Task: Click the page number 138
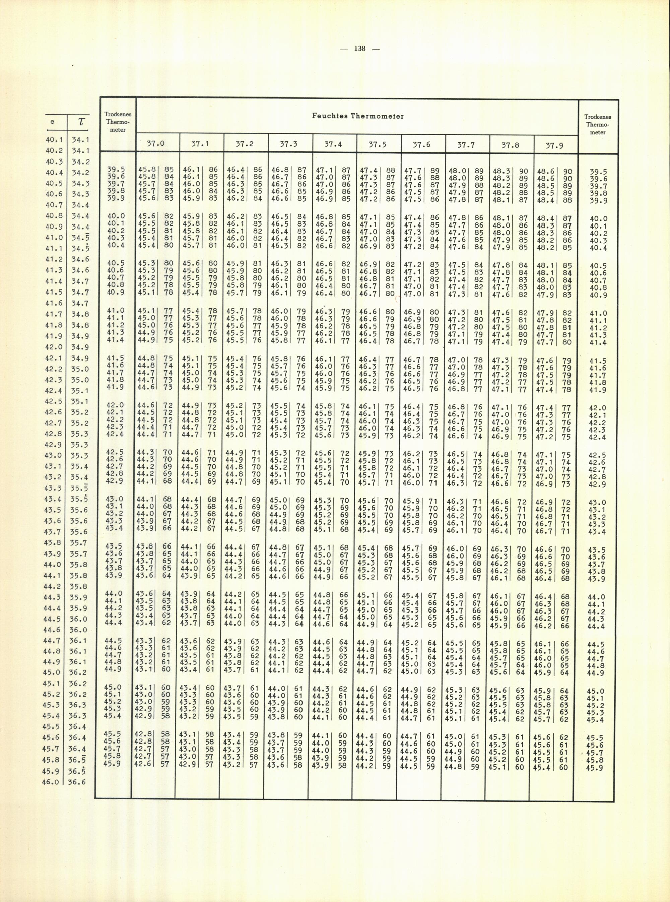(360, 49)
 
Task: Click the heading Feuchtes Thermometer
(358, 116)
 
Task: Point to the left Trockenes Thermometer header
(118, 122)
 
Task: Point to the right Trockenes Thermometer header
(598, 125)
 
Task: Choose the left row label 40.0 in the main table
(115, 216)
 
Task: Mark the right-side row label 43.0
(597, 502)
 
